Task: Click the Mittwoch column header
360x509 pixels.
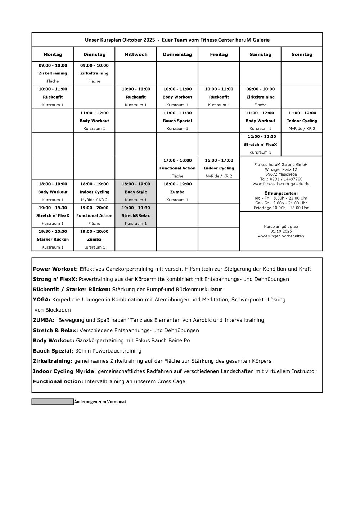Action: [136, 55]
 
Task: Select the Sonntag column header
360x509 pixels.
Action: [302, 55]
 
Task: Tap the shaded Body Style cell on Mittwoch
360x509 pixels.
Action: [136, 192]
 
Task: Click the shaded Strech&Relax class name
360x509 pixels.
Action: [136, 215]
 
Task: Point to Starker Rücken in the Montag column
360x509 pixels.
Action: [53, 239]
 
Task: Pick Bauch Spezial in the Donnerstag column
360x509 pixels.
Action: [177, 121]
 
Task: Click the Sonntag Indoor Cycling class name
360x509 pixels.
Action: [302, 121]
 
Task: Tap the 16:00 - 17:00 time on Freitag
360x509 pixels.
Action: [219, 160]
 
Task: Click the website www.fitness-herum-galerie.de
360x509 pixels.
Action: [281, 184]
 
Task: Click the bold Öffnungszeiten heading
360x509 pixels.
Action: [281, 193]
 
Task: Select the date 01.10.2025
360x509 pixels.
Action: [281, 231]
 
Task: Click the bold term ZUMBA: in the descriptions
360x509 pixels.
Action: [44, 320]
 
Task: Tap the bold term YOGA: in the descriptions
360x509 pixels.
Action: [41, 300]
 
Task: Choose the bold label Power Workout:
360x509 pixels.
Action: [55, 269]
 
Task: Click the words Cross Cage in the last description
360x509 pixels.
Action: [171, 382]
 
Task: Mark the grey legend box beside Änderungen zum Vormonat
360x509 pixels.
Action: [53, 402]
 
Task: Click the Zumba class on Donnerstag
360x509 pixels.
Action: [177, 192]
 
